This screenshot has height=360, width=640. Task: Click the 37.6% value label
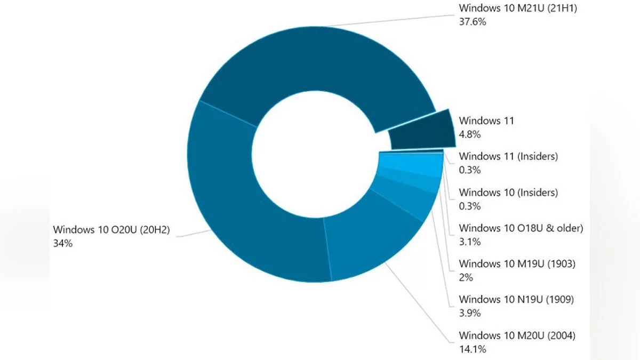click(x=473, y=22)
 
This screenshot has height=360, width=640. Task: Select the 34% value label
click(x=62, y=243)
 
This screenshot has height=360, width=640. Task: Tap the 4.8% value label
click(x=470, y=134)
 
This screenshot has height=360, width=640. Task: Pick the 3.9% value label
click(x=470, y=313)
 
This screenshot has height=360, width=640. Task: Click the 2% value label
click(x=466, y=277)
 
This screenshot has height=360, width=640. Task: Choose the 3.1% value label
click(x=469, y=242)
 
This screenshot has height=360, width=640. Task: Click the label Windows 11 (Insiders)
click(x=508, y=156)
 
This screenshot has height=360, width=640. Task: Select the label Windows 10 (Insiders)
click(x=508, y=192)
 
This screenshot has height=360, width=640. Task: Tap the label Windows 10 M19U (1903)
click(x=517, y=263)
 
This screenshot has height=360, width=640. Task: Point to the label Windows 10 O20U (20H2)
click(x=110, y=229)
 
